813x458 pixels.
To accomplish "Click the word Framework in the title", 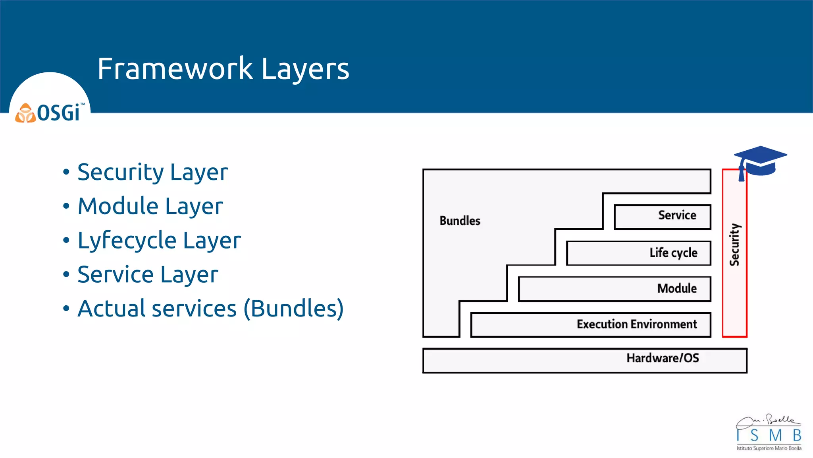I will (175, 69).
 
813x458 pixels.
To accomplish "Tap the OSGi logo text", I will (60, 113).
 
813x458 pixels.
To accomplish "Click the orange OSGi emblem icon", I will (25, 113).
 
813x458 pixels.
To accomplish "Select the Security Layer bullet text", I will (152, 173).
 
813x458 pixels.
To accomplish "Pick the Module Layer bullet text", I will (150, 207).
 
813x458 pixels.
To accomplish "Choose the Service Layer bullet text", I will (148, 275).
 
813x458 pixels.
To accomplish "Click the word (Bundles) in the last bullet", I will (293, 309).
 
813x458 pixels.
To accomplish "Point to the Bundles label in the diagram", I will (460, 221).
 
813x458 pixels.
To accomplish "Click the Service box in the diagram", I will (662, 217).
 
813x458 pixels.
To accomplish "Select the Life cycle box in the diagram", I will (638, 253).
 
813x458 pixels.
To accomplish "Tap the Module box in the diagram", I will (615, 289).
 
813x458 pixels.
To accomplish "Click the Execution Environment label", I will (636, 324).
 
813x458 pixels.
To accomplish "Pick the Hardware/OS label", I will (663, 358).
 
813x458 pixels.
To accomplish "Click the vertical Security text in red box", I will (734, 245).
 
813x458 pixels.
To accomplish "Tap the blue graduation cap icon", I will (760, 161).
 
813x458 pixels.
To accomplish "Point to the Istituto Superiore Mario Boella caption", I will (769, 448).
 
